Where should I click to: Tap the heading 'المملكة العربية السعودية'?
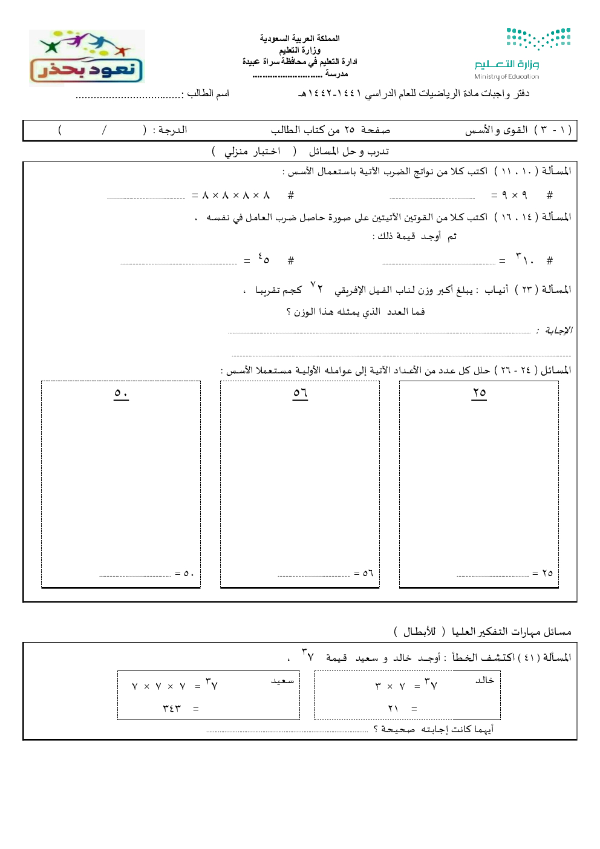point(300,38)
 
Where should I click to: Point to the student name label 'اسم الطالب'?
point(208,93)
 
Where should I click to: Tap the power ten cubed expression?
point(524,259)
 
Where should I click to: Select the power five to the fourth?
point(264,259)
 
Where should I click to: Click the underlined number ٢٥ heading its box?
point(479,393)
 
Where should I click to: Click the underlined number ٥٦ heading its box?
point(300,393)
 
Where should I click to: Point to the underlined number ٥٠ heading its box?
point(121,393)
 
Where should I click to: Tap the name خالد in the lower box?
point(484,680)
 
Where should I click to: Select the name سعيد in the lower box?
point(282,681)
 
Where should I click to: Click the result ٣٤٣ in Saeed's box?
point(172,708)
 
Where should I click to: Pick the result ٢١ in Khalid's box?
point(393,708)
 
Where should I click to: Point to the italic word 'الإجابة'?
point(558,330)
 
